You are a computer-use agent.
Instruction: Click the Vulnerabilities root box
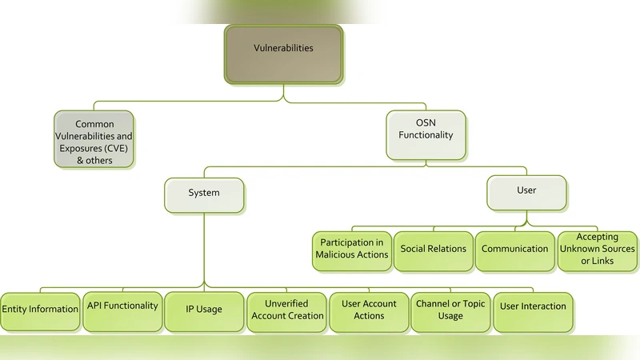(284, 54)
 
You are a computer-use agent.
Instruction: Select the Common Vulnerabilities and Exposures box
(94, 139)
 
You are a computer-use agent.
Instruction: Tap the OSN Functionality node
(426, 132)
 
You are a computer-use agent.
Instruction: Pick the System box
(204, 194)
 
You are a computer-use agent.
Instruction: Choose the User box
(526, 192)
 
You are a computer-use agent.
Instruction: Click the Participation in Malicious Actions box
(352, 250)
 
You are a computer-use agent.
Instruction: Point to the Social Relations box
(433, 250)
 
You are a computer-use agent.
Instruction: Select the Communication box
(514, 250)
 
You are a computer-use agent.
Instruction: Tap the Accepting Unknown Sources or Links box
(597, 250)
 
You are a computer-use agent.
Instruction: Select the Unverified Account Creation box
(287, 311)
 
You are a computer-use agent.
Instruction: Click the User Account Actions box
(369, 311)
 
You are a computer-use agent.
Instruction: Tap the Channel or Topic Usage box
(450, 311)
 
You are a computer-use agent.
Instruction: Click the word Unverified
(287, 304)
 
